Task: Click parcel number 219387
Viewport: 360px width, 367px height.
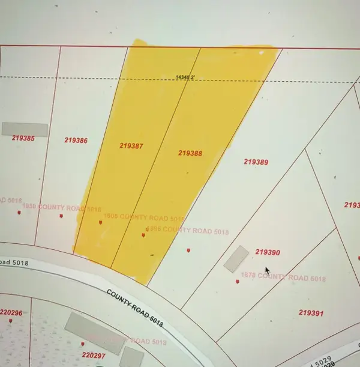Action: coord(130,145)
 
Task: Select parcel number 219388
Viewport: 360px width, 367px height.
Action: coord(190,153)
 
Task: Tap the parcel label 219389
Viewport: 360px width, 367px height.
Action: coord(256,162)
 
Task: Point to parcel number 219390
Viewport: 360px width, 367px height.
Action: coord(268,253)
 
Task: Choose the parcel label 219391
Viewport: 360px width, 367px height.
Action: coord(311,313)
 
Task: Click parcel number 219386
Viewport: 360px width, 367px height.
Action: coord(76,141)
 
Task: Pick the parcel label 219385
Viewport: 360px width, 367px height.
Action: coord(23,138)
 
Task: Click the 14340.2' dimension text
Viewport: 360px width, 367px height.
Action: coord(186,77)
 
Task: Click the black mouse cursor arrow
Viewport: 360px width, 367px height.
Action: coord(268,270)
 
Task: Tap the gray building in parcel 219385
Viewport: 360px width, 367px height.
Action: coord(25,129)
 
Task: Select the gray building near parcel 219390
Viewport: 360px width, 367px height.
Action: coord(236,258)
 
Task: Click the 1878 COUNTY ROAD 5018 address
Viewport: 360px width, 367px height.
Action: coord(283,278)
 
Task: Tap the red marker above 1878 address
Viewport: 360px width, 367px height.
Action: coord(238,281)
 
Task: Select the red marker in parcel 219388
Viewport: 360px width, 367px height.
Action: coord(143,235)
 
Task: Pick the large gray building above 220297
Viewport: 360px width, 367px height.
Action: coord(92,332)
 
